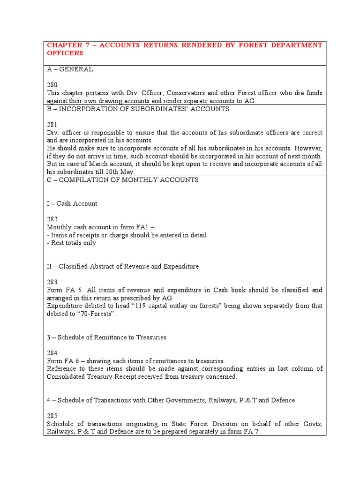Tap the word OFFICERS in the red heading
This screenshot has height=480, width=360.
tap(65, 53)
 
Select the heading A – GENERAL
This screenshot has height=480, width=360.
tap(70, 69)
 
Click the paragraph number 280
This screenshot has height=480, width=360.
tap(52, 85)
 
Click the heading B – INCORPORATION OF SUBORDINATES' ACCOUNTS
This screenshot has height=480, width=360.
tap(138, 109)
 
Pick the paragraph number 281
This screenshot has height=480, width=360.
tap(52, 125)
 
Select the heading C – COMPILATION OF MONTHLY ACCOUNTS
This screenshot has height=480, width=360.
tap(123, 180)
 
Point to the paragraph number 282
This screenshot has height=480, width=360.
tap(52, 219)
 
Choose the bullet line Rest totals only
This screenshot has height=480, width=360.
tap(71, 243)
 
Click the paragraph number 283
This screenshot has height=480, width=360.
tap(52, 282)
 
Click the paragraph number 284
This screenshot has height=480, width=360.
tap(52, 353)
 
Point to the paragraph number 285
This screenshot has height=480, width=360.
tap(52, 416)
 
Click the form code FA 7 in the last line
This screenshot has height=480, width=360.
tap(250, 432)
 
